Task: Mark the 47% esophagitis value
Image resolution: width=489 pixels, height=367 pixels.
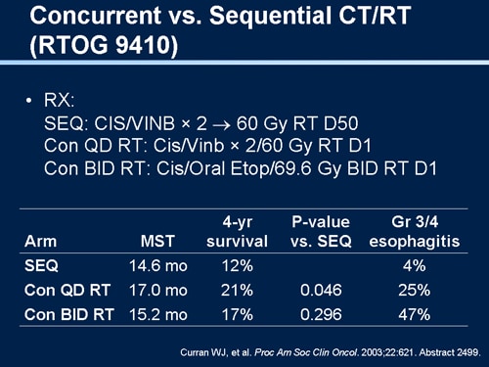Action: pos(415,314)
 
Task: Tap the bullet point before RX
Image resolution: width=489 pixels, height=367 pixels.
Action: pos(31,102)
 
